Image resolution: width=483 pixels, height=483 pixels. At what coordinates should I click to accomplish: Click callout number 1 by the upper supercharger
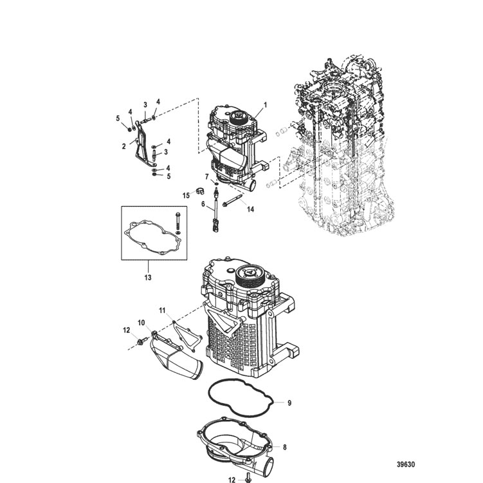click(x=265, y=104)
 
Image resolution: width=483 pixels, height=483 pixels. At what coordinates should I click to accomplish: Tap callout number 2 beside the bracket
click(x=123, y=146)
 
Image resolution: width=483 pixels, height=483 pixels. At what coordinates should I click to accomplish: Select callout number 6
click(x=203, y=204)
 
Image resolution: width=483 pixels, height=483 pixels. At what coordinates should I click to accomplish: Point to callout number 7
click(x=207, y=176)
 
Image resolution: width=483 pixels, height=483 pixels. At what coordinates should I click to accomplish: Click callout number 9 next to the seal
click(x=289, y=403)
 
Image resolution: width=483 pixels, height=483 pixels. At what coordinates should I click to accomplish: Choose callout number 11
click(x=163, y=310)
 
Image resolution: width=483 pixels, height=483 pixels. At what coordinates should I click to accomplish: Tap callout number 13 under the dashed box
click(x=148, y=278)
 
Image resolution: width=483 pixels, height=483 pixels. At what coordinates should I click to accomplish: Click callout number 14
click(x=250, y=209)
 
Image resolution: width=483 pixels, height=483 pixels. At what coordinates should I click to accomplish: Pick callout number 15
click(x=185, y=194)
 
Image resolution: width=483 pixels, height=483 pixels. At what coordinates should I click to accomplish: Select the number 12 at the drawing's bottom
click(x=232, y=479)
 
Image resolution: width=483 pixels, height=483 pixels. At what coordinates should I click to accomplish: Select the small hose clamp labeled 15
click(x=201, y=192)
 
